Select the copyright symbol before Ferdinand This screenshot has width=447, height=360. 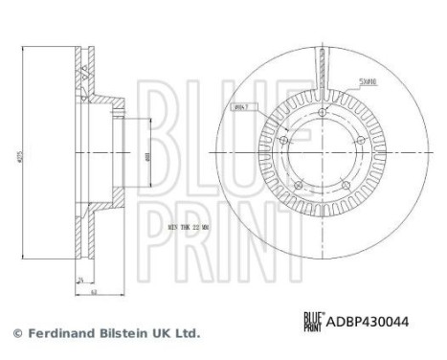pos(14,333)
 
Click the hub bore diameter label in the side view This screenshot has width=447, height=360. pos(145,157)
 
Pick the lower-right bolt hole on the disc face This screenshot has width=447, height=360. pos(350,185)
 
